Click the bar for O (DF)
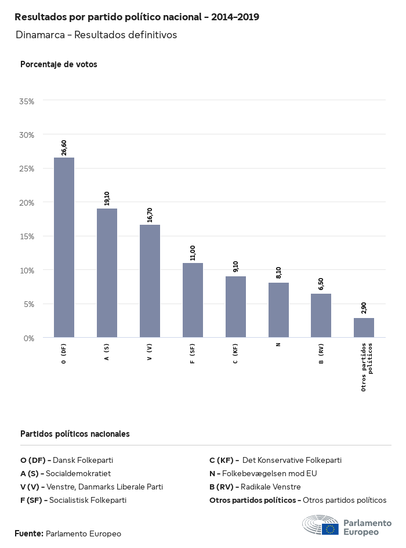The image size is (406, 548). point(64,247)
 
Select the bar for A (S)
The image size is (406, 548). point(107,273)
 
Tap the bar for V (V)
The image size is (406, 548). point(150,281)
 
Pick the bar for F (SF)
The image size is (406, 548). point(193,300)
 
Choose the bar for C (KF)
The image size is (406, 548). point(235,306)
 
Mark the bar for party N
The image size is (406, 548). point(278,310)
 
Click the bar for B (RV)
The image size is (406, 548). point(321,315)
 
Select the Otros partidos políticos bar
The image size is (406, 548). point(364,327)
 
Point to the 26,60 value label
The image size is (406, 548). point(64,148)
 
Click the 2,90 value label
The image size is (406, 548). point(364,308)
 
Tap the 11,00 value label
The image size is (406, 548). point(193,253)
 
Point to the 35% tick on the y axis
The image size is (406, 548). point(27,101)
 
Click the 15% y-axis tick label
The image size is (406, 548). point(27,236)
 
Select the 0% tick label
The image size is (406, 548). point(29,338)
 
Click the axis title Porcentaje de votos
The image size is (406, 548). point(59,64)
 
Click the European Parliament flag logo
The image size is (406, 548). point(331,528)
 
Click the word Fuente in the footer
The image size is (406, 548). point(28,534)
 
